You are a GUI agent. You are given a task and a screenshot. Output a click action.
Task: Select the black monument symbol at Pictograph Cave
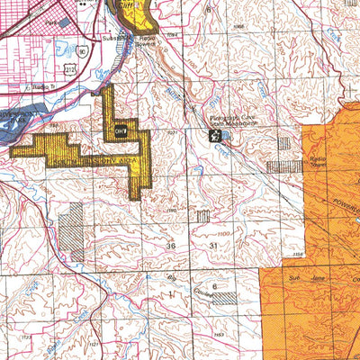214,136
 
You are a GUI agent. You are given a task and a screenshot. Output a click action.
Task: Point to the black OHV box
121,131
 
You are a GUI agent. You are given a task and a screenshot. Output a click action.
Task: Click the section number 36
171,245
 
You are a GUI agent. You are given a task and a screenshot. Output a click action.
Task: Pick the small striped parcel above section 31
203,215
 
